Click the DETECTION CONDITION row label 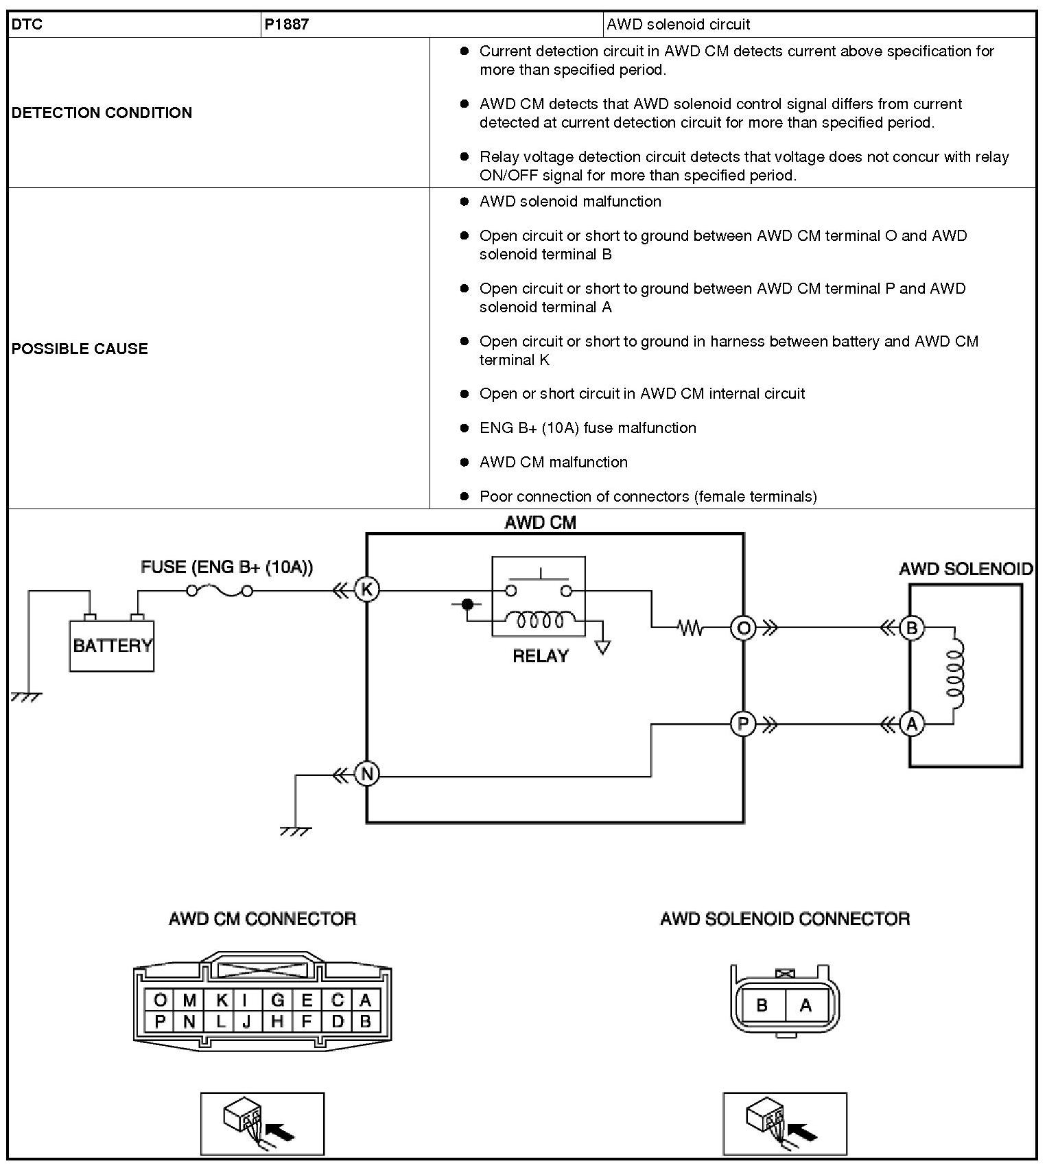[102, 113]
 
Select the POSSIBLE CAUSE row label [80, 349]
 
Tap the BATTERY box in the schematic [112, 645]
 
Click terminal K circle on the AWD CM [367, 589]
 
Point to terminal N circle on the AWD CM [367, 775]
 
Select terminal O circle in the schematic [743, 627]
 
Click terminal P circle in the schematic [743, 724]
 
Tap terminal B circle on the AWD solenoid [912, 627]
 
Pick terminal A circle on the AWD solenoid [912, 724]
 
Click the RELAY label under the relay [541, 656]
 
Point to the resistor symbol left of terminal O [690, 627]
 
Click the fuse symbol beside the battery [220, 590]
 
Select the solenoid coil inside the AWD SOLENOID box [955, 676]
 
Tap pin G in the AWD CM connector [278, 1000]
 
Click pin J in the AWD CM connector [247, 1022]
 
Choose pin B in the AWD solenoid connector [762, 1005]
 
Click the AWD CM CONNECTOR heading [263, 919]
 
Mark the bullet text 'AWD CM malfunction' [553, 463]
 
